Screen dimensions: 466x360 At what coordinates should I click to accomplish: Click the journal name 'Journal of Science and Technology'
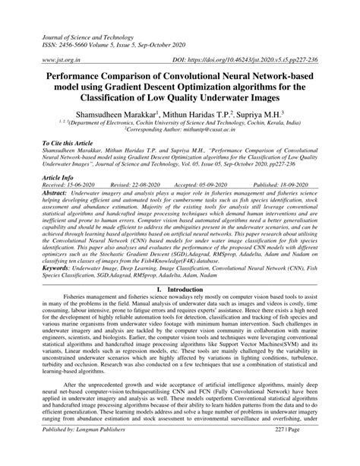click(80, 26)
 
